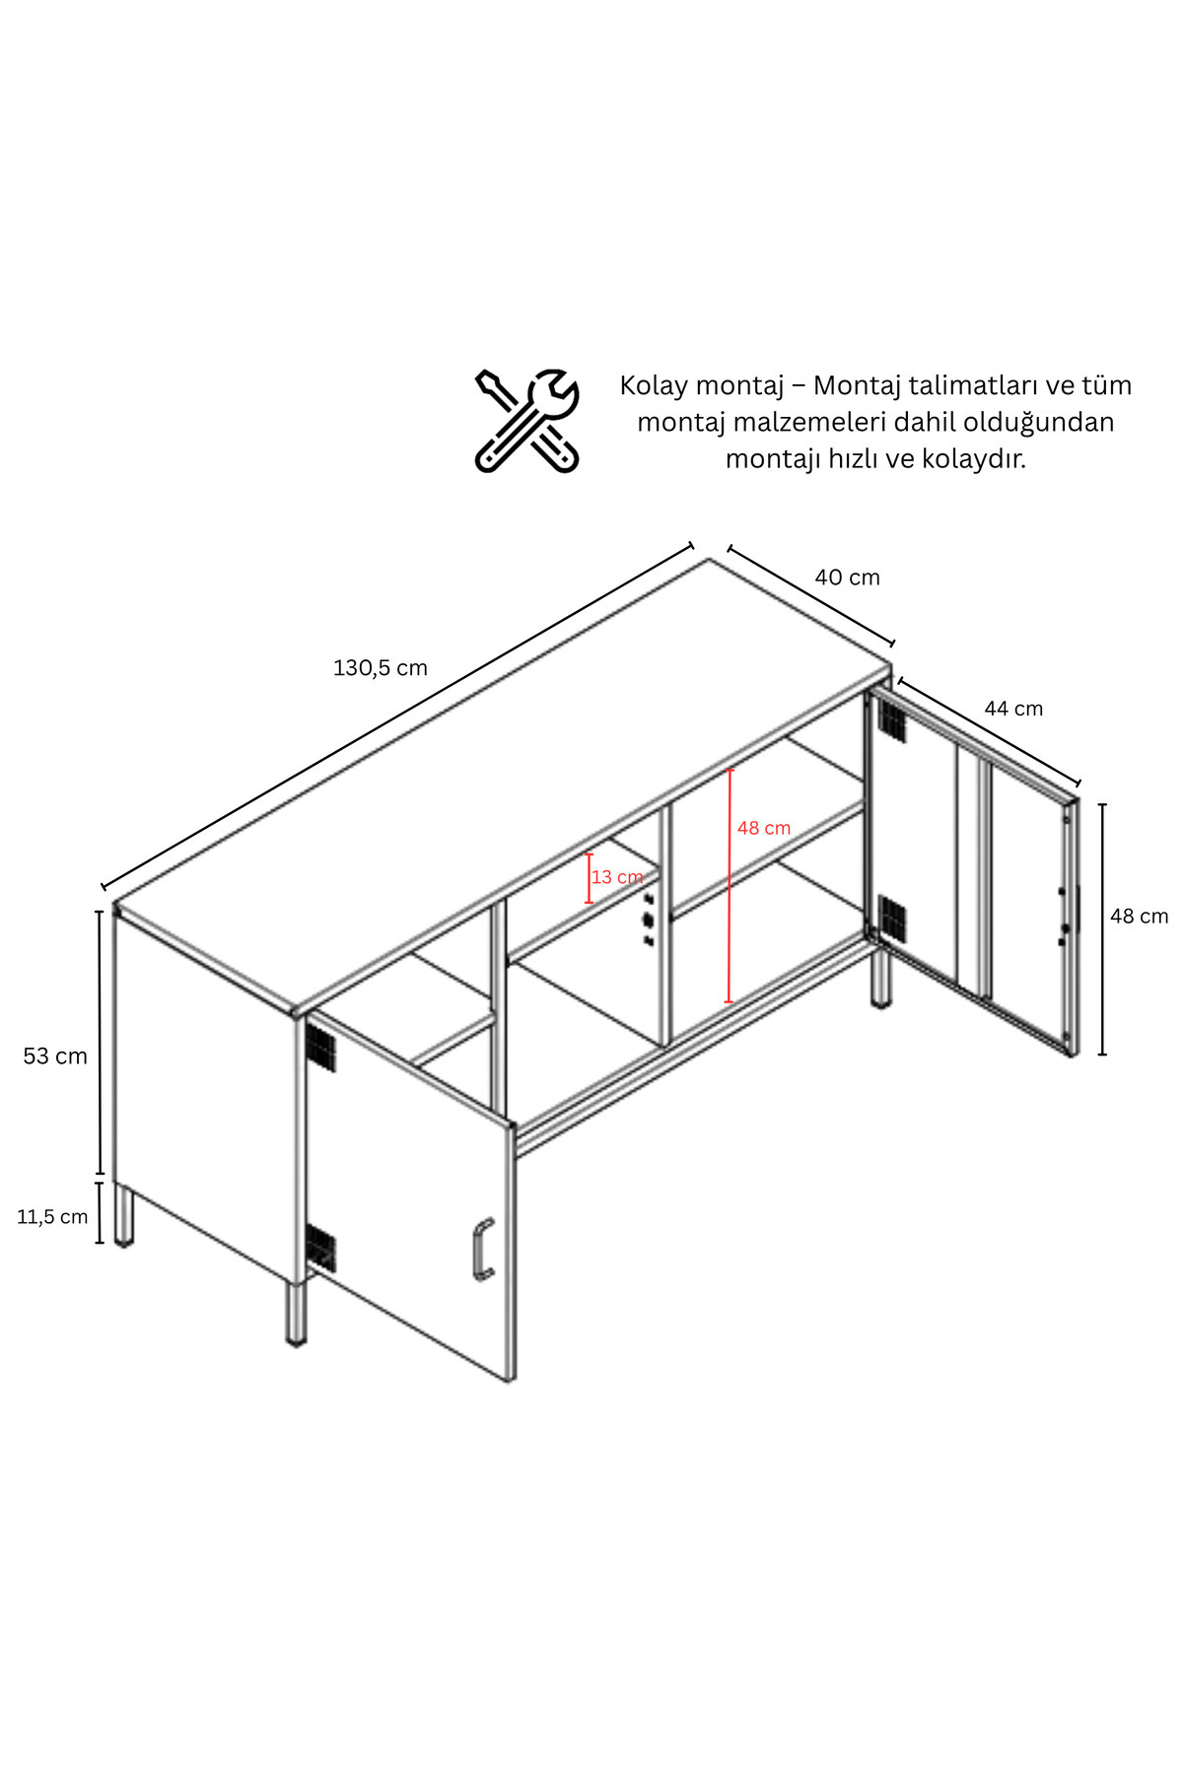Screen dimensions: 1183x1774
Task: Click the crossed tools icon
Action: click(526, 421)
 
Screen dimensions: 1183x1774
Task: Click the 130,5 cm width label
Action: click(381, 668)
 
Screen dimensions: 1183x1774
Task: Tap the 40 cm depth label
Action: click(847, 578)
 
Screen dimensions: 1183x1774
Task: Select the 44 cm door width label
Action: click(1013, 709)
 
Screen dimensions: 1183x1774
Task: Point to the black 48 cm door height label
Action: click(1139, 917)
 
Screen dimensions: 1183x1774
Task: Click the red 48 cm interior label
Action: click(764, 829)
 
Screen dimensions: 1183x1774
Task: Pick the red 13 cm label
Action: click(617, 877)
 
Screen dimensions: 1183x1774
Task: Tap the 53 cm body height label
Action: click(55, 1057)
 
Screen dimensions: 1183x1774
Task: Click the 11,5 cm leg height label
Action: click(52, 1217)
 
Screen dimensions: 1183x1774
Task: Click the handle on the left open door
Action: click(481, 1250)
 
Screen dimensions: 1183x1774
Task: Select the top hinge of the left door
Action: click(320, 1048)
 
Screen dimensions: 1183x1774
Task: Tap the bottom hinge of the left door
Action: click(320, 1248)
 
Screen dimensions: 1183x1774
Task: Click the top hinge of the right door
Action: click(891, 720)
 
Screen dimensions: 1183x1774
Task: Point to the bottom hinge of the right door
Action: click(891, 918)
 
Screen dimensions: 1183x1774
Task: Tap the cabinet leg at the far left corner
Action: click(124, 1216)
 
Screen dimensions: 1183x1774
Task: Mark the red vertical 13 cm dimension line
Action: click(589, 879)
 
